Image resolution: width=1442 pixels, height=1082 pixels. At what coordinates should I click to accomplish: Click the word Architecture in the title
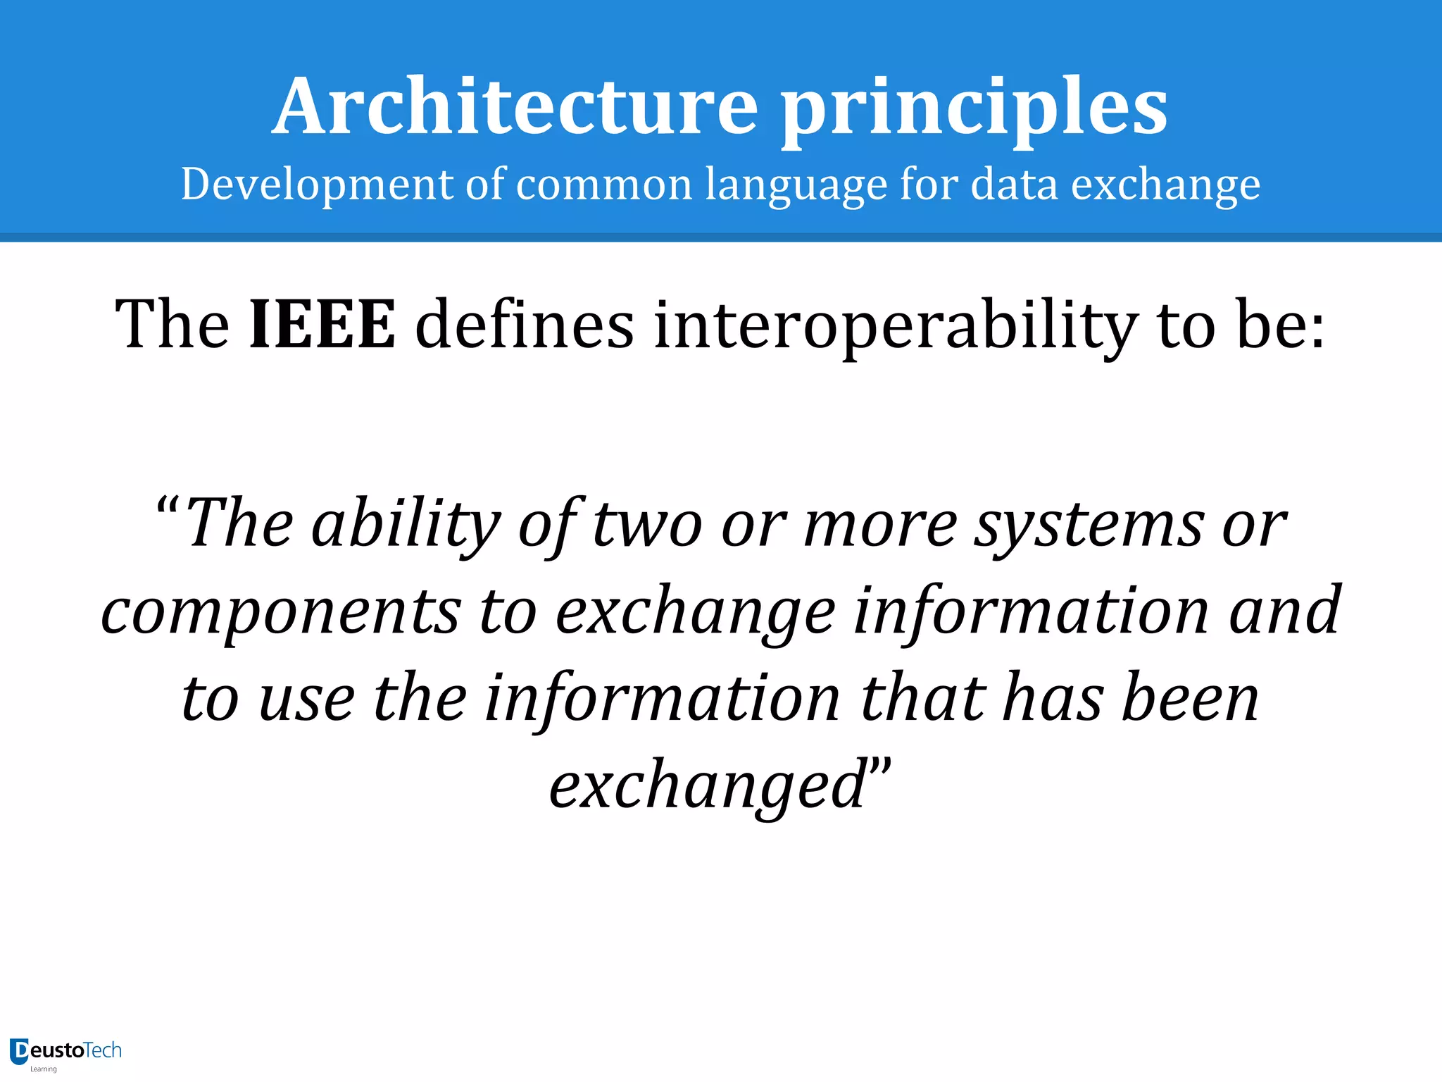tap(515, 107)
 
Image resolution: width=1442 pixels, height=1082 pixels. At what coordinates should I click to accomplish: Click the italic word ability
tap(406, 526)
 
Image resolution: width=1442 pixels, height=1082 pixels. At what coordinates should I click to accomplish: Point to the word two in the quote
tap(648, 526)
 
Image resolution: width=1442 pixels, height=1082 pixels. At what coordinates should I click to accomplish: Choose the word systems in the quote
tap(1089, 526)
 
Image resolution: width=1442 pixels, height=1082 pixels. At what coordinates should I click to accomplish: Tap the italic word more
tap(880, 526)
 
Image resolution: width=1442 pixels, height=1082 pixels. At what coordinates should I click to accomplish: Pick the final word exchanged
tap(707, 786)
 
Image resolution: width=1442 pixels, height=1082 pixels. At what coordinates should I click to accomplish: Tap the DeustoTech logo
tap(65, 1052)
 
